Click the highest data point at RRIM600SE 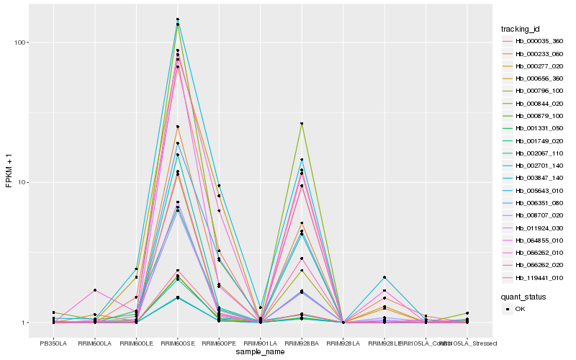(x=178, y=19)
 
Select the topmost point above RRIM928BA (x=302, y=124)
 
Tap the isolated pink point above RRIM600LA (x=95, y=290)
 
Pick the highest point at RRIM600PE (x=219, y=186)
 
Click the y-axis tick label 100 (x=21, y=42)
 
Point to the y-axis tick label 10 (x=23, y=182)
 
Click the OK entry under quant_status (x=521, y=309)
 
